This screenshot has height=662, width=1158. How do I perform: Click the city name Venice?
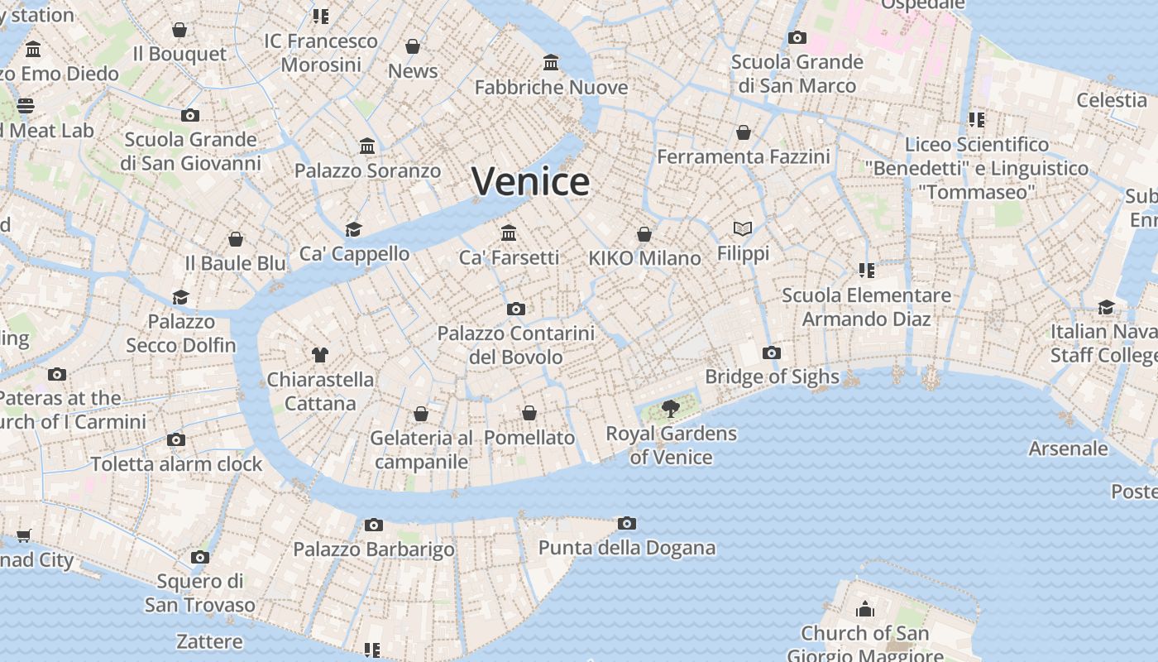pos(530,181)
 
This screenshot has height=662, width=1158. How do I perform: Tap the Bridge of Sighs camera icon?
pos(771,353)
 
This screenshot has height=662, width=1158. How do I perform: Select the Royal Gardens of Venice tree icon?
pos(671,408)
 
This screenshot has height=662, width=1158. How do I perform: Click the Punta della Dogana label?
pos(626,548)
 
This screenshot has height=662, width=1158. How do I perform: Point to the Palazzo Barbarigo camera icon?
pos(374,525)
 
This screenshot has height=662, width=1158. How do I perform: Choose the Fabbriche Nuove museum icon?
pos(551,63)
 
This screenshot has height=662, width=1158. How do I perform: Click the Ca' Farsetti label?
pos(509,258)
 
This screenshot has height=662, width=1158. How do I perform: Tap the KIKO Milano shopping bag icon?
pos(644,234)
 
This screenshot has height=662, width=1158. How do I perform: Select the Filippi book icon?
pos(743,229)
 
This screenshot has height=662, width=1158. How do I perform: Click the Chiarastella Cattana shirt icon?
pos(320,355)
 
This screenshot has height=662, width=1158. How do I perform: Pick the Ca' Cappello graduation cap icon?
pos(354,229)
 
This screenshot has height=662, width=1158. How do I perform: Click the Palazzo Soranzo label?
pos(367,171)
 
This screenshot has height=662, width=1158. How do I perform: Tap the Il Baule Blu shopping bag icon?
pos(236,239)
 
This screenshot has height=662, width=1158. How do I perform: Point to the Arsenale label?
pos(1068,449)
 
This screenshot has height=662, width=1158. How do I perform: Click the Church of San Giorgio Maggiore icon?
pos(865,610)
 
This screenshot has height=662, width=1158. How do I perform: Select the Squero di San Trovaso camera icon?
pos(200,557)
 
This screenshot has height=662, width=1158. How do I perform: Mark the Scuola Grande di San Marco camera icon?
pos(797,37)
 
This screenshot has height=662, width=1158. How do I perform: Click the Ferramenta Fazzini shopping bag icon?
pos(743,132)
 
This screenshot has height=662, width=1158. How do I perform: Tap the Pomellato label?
pos(529,438)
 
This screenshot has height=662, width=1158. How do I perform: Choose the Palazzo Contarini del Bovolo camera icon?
pos(516,309)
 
